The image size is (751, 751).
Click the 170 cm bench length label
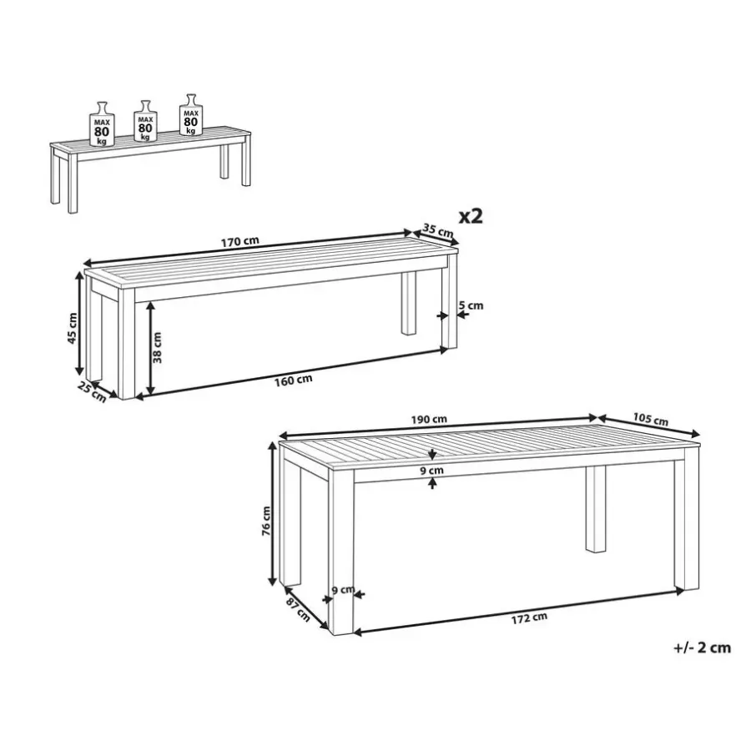click(240, 240)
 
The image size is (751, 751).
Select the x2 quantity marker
click(471, 216)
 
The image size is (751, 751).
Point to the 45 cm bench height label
click(73, 328)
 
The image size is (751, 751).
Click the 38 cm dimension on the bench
click(157, 347)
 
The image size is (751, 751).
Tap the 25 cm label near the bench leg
click(92, 392)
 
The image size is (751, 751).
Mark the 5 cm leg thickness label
click(471, 305)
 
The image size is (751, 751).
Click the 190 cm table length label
click(429, 420)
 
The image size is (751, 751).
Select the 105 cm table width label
click(650, 419)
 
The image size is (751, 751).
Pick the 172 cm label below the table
click(529, 618)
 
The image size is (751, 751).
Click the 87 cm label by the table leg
click(298, 610)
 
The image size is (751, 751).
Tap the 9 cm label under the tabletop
click(432, 471)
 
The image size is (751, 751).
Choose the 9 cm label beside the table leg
click(343, 590)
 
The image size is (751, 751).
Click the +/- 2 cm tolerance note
click(702, 648)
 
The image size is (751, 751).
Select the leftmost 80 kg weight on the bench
click(102, 124)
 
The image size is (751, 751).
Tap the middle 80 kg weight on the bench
click(145, 122)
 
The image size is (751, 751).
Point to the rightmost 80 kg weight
click(191, 115)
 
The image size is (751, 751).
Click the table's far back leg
click(596, 509)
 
